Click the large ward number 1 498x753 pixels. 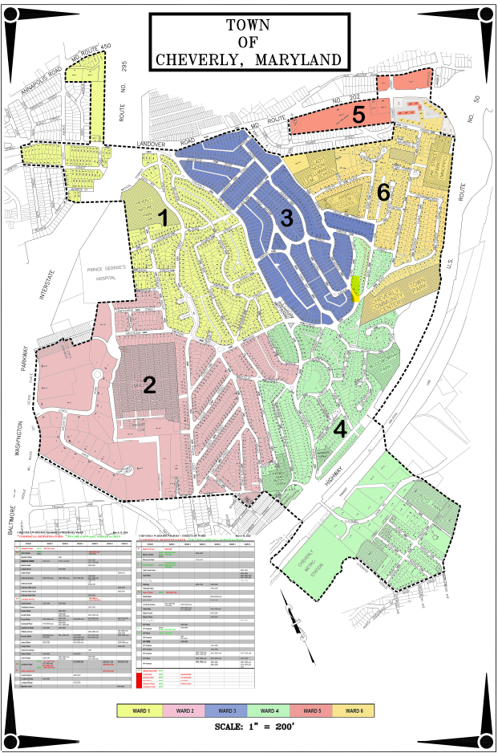[x=163, y=218]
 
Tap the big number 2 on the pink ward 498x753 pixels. [x=148, y=385]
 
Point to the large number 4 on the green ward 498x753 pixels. [x=340, y=429]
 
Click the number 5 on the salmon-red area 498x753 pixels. [x=358, y=115]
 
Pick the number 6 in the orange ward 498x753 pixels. [x=383, y=192]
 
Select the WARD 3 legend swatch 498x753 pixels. [x=227, y=710]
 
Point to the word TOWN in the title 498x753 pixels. [x=248, y=25]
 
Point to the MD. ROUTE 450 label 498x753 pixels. [x=89, y=57]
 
